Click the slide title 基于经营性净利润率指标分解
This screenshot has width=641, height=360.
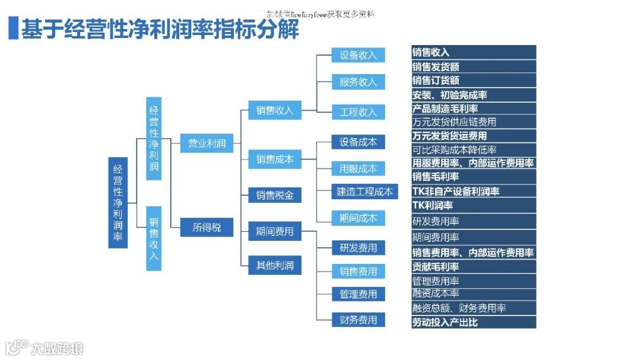(160, 28)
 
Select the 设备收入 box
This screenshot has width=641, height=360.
(358, 55)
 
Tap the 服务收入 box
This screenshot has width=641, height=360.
(358, 82)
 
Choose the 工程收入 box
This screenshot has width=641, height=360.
(358, 111)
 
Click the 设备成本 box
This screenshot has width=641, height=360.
(358, 142)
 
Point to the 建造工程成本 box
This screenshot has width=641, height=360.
(364, 192)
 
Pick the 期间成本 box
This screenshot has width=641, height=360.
(358, 218)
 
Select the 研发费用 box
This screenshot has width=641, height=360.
(358, 247)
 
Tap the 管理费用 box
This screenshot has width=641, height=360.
(358, 294)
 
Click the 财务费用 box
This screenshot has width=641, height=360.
(358, 320)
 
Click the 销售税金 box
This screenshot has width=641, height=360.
(275, 195)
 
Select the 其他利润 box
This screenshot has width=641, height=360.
(275, 265)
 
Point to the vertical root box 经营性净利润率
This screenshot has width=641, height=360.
(118, 202)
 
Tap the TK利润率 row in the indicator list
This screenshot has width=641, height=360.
(474, 205)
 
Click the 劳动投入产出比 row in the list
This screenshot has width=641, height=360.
(474, 322)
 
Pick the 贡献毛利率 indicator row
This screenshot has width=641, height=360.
(474, 266)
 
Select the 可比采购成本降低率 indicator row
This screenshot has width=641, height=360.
(474, 149)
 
